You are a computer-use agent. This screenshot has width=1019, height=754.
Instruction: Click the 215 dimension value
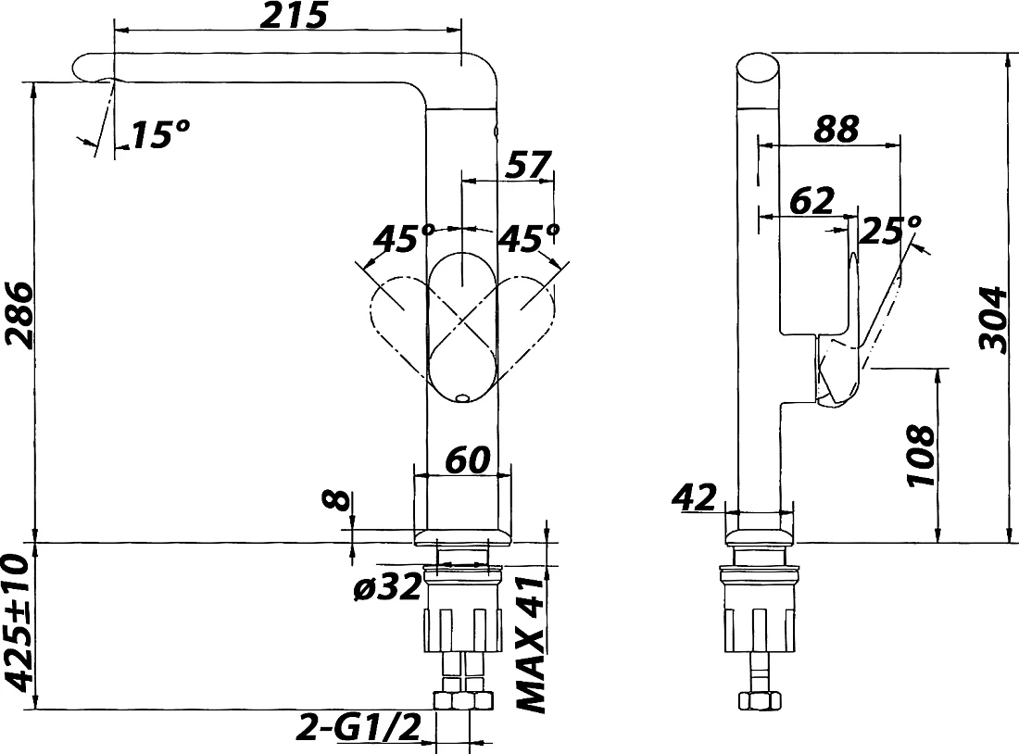point(294,16)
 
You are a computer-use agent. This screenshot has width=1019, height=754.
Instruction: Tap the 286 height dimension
point(17,316)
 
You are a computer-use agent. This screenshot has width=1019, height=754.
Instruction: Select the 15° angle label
point(160,134)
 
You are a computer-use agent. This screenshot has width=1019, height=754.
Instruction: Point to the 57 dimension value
point(528,165)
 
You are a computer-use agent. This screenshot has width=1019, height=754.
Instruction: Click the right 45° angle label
point(528,238)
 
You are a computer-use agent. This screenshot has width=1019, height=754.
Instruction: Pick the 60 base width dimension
point(467,459)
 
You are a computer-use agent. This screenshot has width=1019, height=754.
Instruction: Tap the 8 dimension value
point(336,499)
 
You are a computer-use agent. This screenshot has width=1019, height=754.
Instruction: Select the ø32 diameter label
point(387,588)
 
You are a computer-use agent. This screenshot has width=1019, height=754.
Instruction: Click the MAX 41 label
point(531,645)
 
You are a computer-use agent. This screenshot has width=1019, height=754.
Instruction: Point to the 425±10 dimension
point(18,623)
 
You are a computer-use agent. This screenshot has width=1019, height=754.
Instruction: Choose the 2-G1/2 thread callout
point(359,727)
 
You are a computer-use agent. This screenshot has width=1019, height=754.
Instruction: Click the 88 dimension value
point(837,129)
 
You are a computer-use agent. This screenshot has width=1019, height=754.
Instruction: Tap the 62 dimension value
point(811,201)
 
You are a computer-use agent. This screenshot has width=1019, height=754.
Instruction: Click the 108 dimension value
point(921,456)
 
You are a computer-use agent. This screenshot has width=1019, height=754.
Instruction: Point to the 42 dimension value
point(694,497)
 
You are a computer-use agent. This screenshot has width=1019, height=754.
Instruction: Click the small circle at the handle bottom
point(462,396)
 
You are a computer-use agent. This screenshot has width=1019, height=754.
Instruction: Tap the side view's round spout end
point(758,69)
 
